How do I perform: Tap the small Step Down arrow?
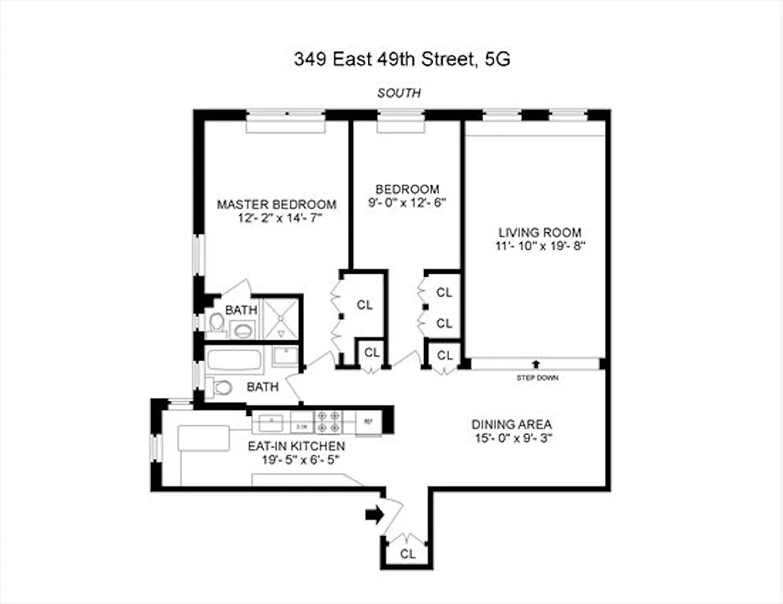pyautogui.click(x=536, y=365)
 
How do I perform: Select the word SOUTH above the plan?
pyautogui.click(x=399, y=94)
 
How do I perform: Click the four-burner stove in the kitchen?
pyautogui.click(x=330, y=421)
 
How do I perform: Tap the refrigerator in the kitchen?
pyautogui.click(x=369, y=421)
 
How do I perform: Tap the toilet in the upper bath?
pyautogui.click(x=216, y=324)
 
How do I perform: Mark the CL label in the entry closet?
pyautogui.click(x=408, y=553)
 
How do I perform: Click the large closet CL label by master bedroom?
pyautogui.click(x=365, y=305)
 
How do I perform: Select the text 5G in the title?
pyautogui.click(x=498, y=60)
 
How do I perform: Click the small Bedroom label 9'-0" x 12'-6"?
pyautogui.click(x=408, y=202)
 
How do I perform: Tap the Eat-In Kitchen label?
pyautogui.click(x=296, y=445)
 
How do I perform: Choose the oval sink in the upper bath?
pyautogui.click(x=243, y=329)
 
